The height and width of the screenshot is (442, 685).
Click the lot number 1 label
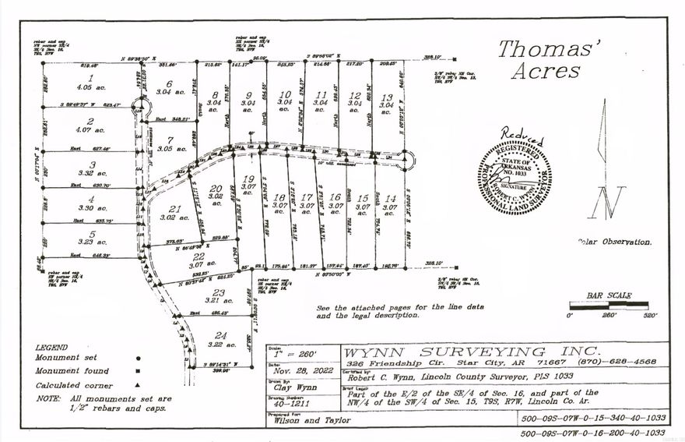(91, 78)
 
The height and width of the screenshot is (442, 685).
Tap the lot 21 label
(175, 208)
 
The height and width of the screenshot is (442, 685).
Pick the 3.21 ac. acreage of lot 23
(219, 299)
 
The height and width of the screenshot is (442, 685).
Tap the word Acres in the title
(546, 71)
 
